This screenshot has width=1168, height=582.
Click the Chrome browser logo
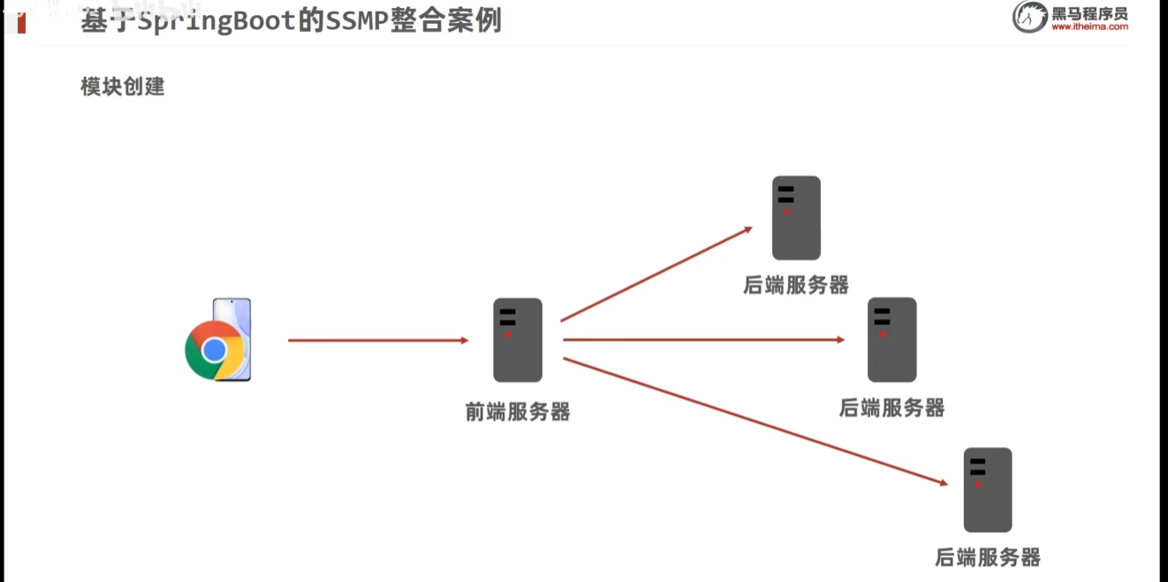tap(215, 351)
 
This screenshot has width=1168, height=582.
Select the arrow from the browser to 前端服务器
tap(377, 340)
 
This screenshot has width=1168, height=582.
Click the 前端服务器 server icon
tap(518, 340)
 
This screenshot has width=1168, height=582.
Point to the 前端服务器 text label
tap(518, 412)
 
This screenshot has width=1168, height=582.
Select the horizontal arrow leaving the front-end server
tap(703, 339)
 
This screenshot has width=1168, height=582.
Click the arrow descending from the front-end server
tap(754, 420)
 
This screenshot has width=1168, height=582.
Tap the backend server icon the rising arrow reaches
tap(796, 217)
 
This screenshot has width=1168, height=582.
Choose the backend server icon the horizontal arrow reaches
tap(891, 340)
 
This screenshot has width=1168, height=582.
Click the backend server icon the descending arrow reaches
tap(988, 489)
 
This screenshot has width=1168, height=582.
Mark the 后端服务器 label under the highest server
tap(796, 284)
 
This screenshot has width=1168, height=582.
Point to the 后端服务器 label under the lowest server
tap(988, 557)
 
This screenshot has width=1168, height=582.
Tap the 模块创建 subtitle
tap(123, 87)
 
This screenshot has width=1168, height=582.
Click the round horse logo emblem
tap(1029, 17)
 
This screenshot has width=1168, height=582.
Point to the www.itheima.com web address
tap(1089, 27)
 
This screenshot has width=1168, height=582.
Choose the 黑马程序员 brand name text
tap(1089, 12)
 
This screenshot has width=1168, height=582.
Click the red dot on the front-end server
tap(507, 335)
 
